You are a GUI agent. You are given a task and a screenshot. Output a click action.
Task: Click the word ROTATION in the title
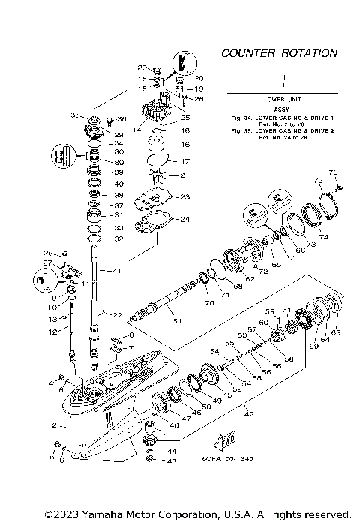coord(308,54)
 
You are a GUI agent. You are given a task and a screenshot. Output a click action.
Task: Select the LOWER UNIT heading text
coord(283,99)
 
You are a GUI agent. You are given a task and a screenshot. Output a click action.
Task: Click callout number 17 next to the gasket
coord(186,161)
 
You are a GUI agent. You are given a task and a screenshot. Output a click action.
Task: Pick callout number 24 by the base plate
coord(184,220)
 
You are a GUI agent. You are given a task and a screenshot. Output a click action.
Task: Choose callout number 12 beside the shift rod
coord(53,331)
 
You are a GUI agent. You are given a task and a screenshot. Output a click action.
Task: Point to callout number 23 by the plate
coord(185,196)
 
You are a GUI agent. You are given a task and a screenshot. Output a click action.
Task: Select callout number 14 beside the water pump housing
coord(137,130)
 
